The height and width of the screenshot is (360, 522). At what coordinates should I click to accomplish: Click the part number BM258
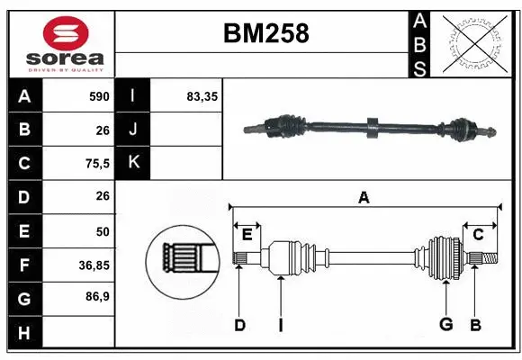[265, 33]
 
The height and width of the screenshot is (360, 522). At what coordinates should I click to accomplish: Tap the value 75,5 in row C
[96, 163]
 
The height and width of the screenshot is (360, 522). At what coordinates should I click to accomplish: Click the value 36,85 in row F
[94, 265]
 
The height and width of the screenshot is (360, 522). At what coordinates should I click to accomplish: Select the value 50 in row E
[102, 230]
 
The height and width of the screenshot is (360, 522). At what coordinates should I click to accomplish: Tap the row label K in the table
[133, 163]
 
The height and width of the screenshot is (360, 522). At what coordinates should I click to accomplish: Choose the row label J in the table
[133, 130]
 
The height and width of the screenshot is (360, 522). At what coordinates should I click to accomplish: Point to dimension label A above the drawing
[364, 198]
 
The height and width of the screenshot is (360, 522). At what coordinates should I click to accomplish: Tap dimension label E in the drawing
[247, 234]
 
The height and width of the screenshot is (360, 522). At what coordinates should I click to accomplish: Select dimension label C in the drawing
[479, 234]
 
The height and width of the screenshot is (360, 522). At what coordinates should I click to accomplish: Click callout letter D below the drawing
[239, 326]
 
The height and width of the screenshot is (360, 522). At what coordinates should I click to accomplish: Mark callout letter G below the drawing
[445, 326]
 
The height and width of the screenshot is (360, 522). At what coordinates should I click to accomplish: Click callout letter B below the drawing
[476, 326]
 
